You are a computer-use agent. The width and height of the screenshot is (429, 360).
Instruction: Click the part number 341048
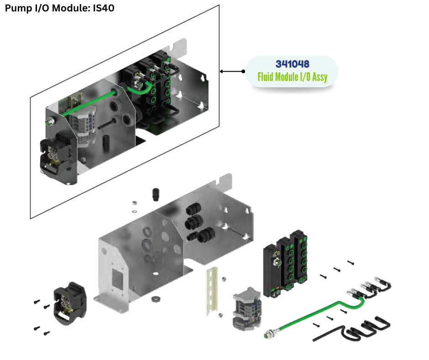[293, 64]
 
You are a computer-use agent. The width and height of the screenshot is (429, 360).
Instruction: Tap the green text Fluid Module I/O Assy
[292, 77]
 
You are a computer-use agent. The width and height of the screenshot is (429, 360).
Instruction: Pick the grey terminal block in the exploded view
[246, 309]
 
